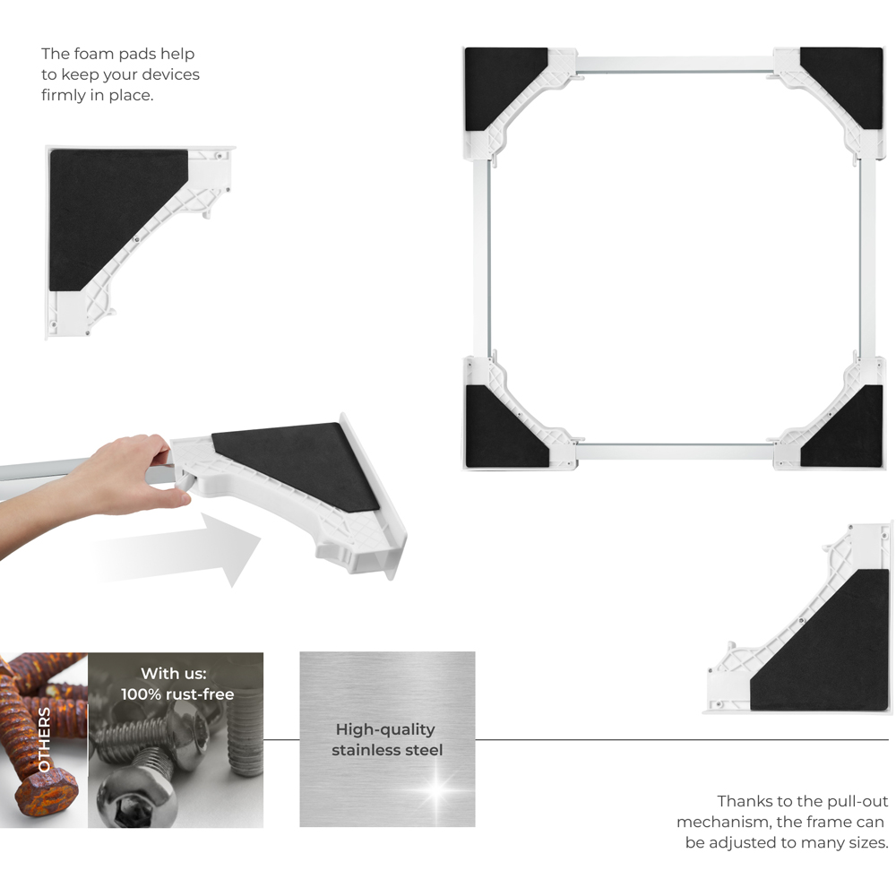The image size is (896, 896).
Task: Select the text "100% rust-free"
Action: click(x=177, y=694)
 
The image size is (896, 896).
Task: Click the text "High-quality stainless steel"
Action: click(x=387, y=739)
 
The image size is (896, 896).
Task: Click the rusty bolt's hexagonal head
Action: click(x=47, y=791)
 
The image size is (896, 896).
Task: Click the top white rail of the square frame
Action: click(x=675, y=64)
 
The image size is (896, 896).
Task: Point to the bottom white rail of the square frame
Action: click(x=675, y=452)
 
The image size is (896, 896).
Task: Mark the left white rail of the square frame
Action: click(x=481, y=258)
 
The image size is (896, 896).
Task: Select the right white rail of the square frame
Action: click(x=867, y=258)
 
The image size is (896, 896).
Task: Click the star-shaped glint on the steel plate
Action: click(x=436, y=788)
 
